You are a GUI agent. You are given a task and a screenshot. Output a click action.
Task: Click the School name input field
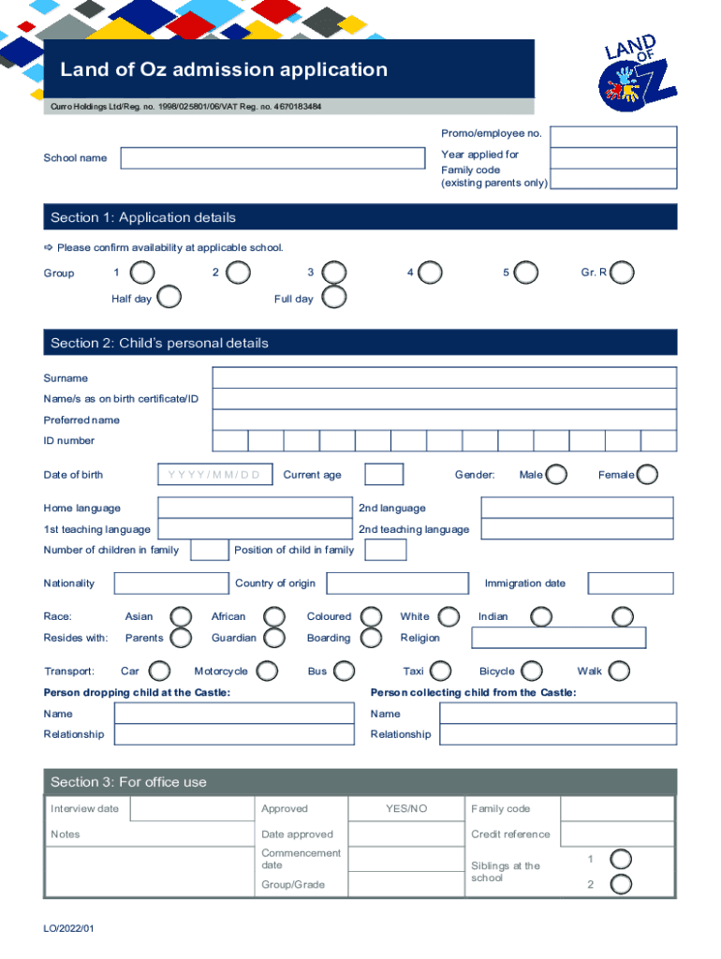272,158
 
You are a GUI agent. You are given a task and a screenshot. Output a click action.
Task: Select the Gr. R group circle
622,273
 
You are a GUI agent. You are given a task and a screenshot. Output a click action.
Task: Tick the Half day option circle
169,298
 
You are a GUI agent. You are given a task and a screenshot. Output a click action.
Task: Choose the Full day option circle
333,298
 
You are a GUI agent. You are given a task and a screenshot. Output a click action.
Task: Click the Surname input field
444,377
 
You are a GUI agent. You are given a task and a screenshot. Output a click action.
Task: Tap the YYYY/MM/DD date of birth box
215,475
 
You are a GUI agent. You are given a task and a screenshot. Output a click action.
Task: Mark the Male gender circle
556,475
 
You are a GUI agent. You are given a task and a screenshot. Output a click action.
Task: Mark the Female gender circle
647,475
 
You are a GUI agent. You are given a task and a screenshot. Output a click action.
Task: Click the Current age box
384,475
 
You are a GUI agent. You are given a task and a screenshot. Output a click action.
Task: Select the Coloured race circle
372,616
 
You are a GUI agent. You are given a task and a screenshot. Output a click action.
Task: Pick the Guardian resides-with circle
274,638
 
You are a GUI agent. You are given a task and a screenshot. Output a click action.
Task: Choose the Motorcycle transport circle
267,671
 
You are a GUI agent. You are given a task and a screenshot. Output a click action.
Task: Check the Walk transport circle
618,671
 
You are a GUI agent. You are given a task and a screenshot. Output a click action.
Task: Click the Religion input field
558,638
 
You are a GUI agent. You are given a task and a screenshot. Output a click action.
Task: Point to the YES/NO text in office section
406,808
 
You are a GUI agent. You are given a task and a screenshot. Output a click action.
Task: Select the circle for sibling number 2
621,884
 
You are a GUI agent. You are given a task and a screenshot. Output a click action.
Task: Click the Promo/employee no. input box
612,134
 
